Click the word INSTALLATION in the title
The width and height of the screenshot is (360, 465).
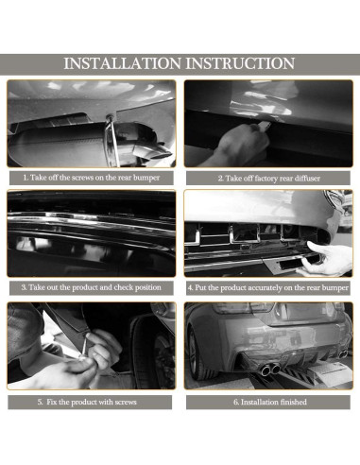click(120, 63)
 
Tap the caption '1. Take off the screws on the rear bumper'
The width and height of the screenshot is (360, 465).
click(92, 177)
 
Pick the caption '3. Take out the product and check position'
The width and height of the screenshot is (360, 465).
click(92, 286)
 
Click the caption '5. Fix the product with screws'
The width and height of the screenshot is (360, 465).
click(92, 403)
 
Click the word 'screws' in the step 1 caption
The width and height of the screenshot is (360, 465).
click(95, 177)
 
